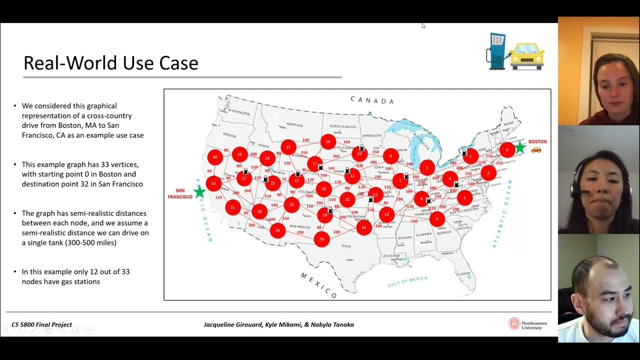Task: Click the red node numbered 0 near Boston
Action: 507,149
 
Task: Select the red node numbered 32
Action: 213,183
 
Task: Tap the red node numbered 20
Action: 321,239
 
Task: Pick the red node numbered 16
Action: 328,141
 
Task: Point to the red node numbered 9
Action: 437,218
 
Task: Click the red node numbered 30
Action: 215,157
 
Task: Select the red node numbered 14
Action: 363,227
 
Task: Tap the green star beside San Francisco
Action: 199,191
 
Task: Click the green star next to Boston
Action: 520,147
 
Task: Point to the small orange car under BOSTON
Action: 536,150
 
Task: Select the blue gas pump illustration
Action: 497,50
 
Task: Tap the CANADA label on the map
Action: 372,100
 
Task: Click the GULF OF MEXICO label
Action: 407,281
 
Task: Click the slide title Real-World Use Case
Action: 111,63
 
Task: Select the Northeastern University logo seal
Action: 514,324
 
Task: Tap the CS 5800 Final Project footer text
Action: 42,324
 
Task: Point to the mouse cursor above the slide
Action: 423,25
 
